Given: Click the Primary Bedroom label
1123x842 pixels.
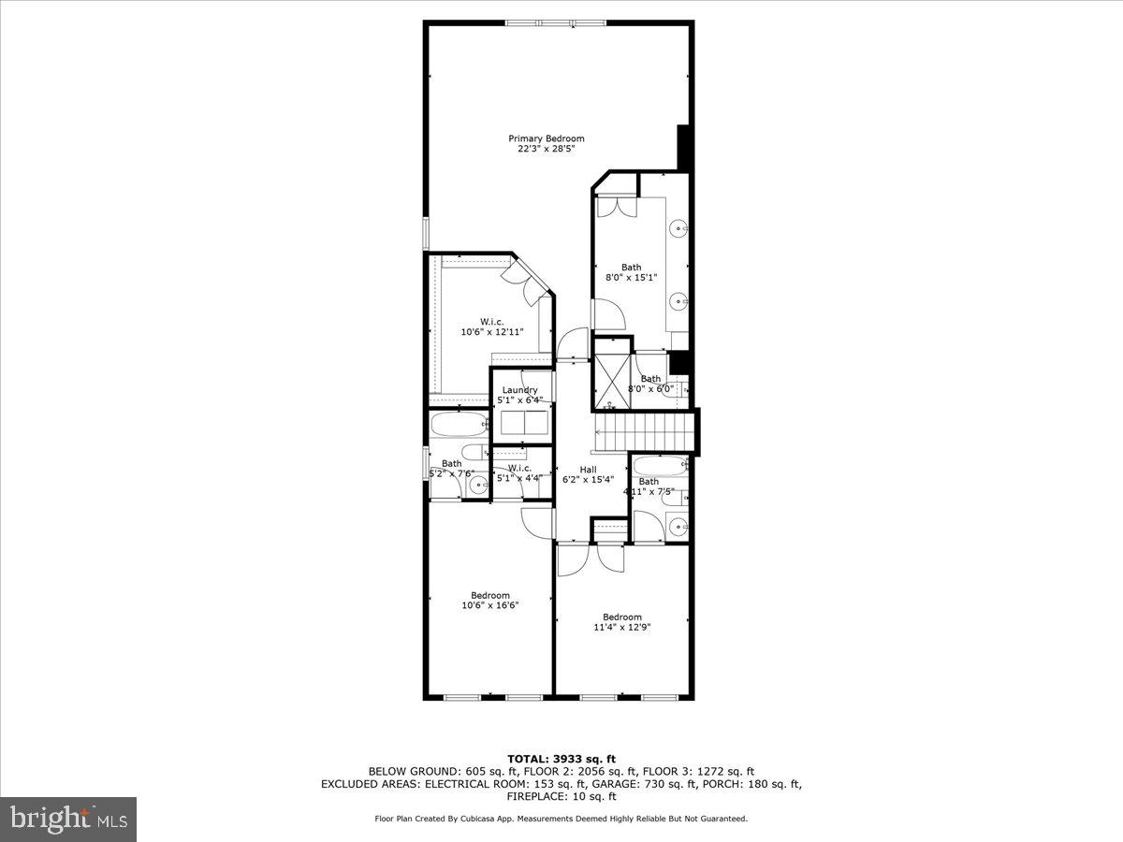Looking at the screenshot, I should click(552, 138).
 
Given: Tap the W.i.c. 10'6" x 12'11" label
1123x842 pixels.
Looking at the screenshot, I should click(492, 327).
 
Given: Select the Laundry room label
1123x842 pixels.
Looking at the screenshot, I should click(519, 390).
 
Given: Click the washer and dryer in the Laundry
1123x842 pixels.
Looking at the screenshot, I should click(524, 423).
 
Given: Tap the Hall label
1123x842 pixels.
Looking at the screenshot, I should click(588, 470).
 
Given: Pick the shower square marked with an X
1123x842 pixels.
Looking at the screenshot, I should click(613, 380).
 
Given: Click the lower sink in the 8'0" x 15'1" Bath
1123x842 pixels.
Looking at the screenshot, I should click(678, 300).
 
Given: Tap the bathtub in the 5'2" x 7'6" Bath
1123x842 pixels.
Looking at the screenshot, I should click(459, 426).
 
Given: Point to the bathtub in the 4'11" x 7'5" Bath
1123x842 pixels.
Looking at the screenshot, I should click(661, 465).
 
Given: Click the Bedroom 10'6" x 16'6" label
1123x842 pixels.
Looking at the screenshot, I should click(490, 601).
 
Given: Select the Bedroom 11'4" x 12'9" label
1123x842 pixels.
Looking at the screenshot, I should click(622, 622).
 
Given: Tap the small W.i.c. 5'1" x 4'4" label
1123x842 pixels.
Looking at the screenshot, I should click(519, 473).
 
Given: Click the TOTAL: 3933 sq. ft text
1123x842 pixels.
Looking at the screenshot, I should click(561, 759).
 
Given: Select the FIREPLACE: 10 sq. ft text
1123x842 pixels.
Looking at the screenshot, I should click(561, 797).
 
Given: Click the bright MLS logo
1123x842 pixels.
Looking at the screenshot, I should click(68, 820).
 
